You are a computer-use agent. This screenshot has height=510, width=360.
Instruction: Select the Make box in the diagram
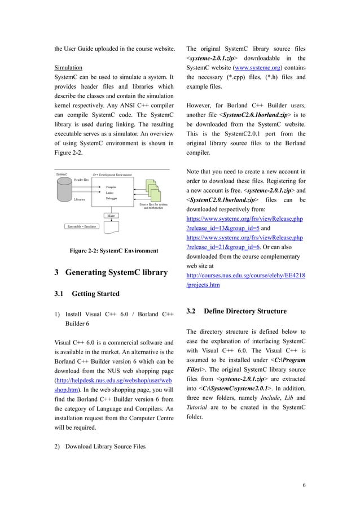(111, 215)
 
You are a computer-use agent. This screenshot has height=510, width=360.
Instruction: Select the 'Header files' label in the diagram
(81, 179)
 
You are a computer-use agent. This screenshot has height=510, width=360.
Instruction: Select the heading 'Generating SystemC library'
(111, 273)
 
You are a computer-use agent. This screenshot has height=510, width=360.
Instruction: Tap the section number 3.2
(191, 311)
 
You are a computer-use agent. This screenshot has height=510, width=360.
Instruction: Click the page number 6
(304, 485)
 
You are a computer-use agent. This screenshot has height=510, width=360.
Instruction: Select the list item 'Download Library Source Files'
(105, 447)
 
